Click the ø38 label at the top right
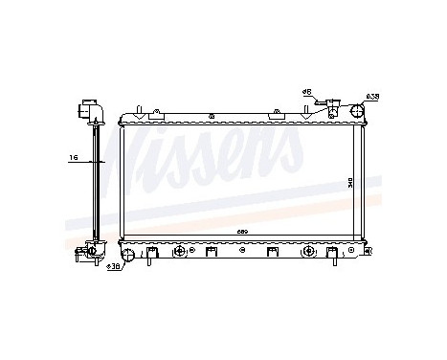pyautogui.click(x=372, y=96)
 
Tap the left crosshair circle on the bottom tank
pyautogui.click(x=178, y=251)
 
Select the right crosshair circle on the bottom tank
pyautogui.click(x=308, y=251)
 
